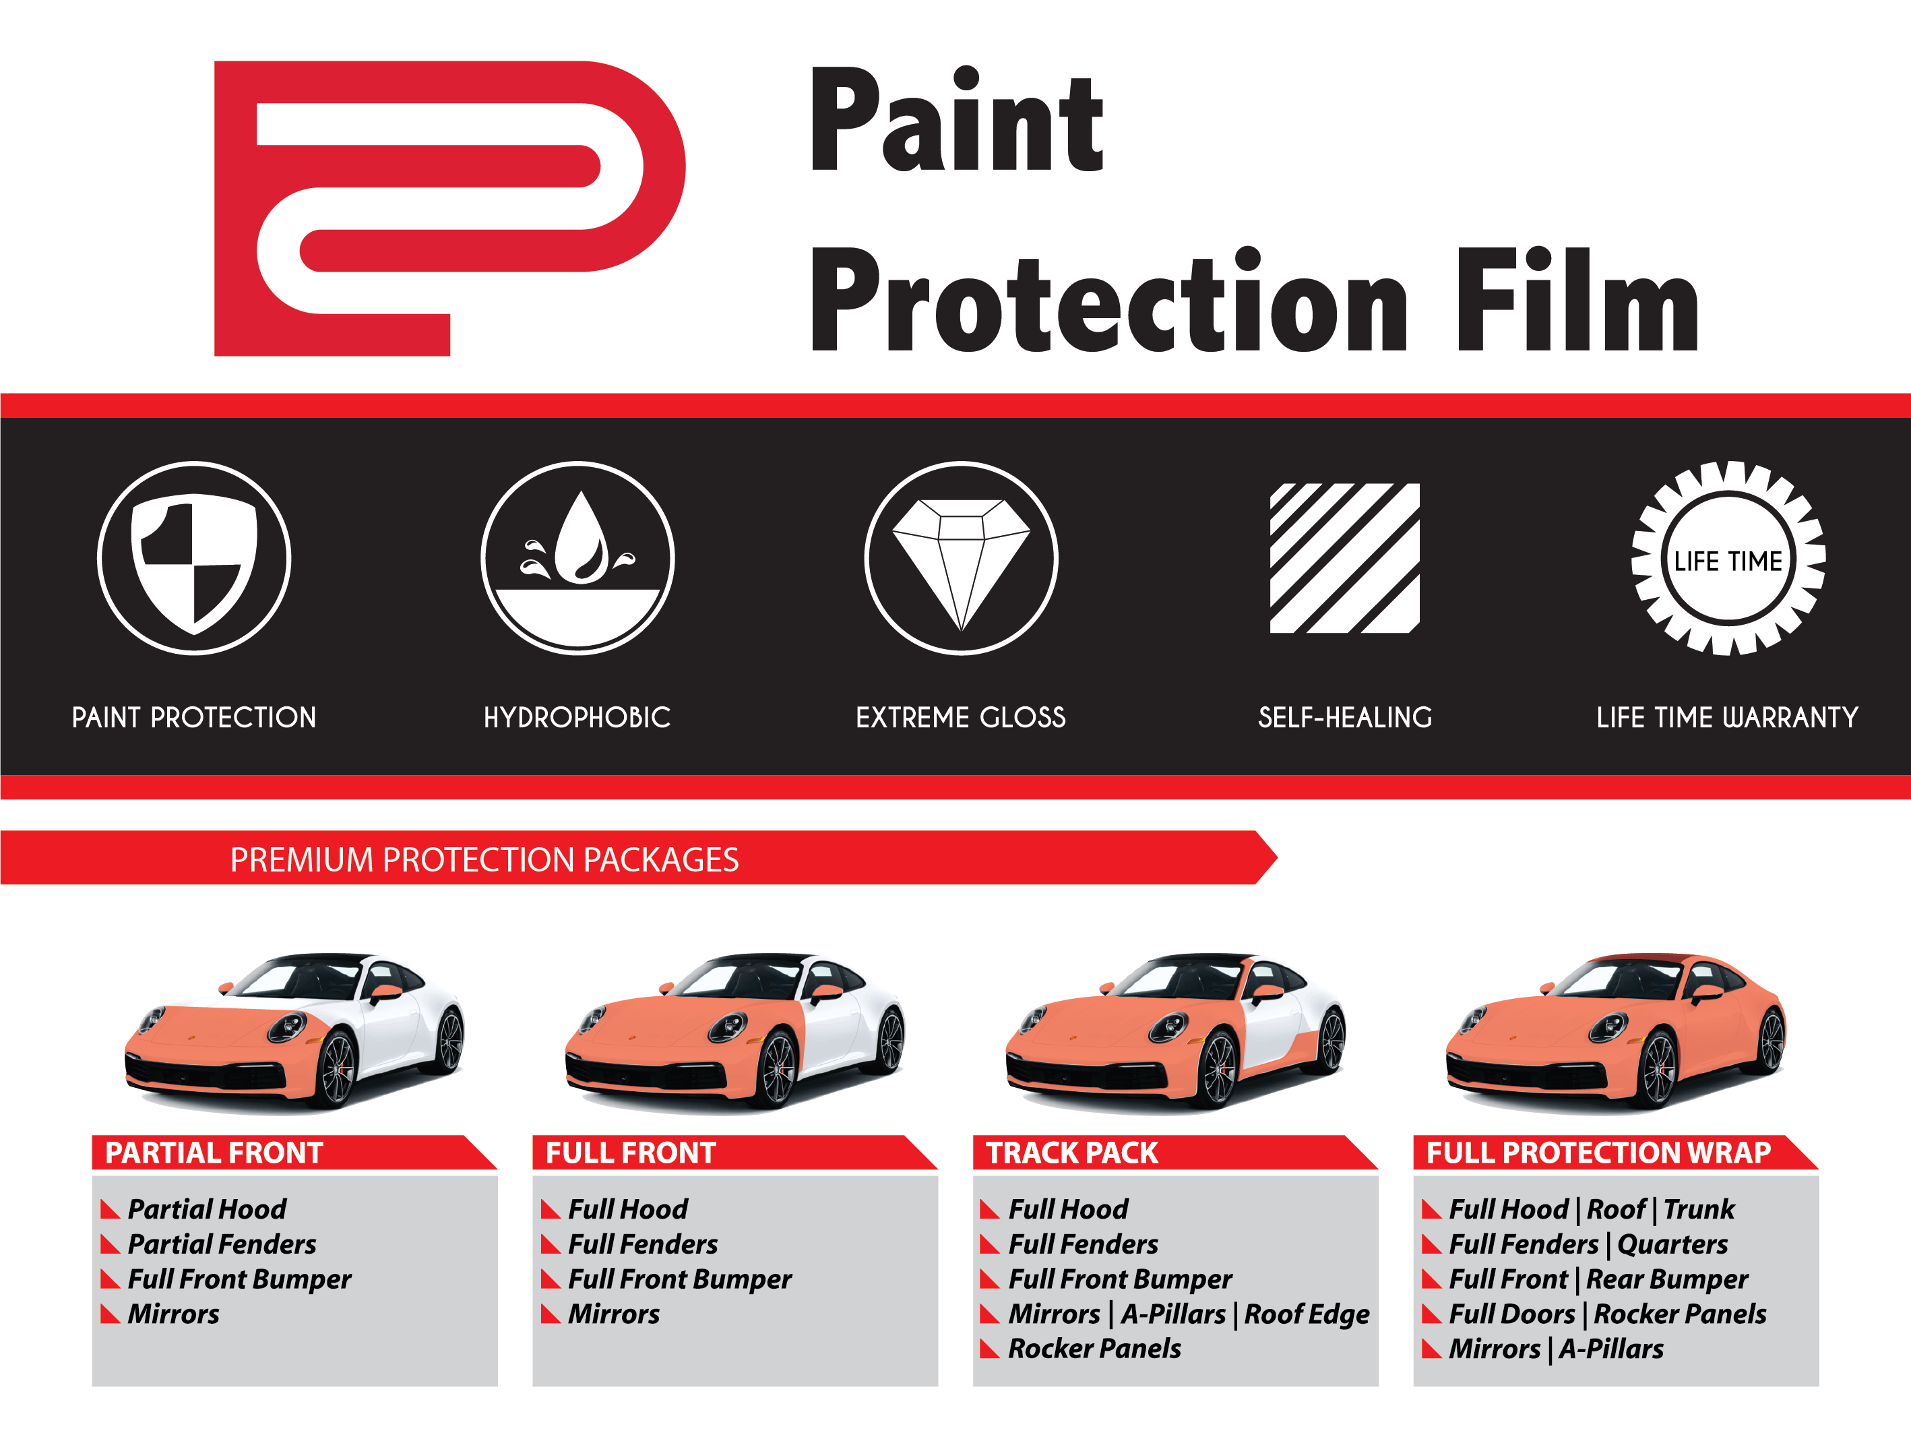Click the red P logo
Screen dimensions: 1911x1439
pos(449,208)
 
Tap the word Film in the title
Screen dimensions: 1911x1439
pos(1578,299)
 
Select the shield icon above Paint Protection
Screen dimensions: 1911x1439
pos(194,558)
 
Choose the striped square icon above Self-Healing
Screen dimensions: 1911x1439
pos(1345,558)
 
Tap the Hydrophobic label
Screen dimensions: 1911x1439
pos(577,717)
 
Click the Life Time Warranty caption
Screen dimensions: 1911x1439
pos(1728,717)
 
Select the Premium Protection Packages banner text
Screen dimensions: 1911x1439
pos(484,860)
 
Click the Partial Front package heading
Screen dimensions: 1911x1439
pos(214,1153)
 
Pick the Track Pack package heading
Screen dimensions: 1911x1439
pos(1072,1153)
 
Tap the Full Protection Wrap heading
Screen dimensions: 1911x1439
pos(1599,1153)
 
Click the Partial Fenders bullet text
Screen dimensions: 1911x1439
pos(222,1244)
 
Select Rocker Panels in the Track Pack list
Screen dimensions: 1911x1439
pos(1094,1349)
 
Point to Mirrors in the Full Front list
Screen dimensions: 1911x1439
pos(615,1314)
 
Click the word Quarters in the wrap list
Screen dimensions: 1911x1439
pos(1672,1244)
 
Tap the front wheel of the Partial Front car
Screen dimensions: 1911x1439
pos(338,1069)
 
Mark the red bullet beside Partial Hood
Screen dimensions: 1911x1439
pos(110,1209)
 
